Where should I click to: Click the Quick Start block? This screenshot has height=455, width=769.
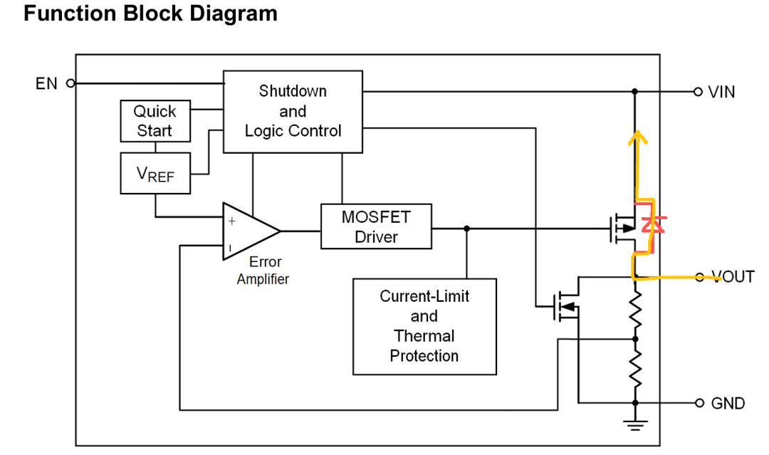[155, 122]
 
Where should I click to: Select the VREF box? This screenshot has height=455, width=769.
[155, 173]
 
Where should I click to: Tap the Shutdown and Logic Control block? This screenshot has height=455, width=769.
[293, 111]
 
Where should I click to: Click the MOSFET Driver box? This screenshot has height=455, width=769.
[376, 226]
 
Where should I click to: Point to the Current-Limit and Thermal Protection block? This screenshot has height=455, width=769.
[424, 326]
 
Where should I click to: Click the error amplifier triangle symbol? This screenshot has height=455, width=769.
[249, 230]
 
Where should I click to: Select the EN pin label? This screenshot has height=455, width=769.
[46, 83]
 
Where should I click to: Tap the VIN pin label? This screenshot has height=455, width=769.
[721, 92]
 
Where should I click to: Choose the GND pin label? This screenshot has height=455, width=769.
[728, 403]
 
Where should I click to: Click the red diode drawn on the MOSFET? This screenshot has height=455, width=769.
[648, 224]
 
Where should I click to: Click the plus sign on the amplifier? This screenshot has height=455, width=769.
[231, 221]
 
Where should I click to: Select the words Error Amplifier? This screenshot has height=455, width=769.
[263, 271]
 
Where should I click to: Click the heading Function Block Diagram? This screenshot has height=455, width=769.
[150, 14]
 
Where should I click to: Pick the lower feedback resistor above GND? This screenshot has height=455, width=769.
[635, 370]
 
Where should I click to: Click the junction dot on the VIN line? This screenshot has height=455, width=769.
[635, 92]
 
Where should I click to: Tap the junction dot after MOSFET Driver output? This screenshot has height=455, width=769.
[467, 229]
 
